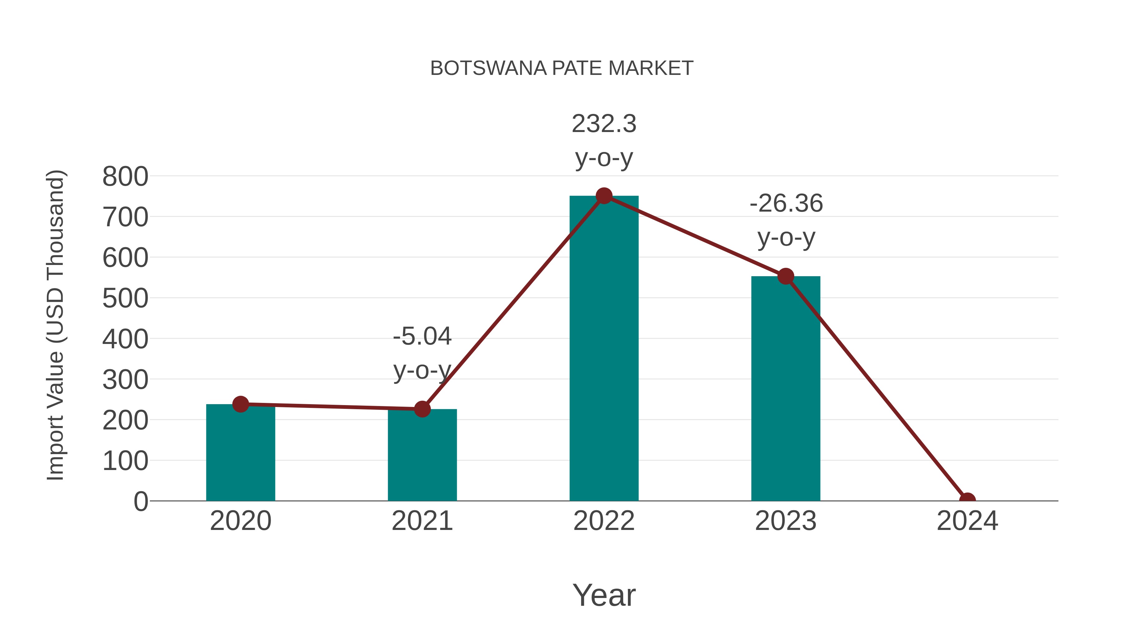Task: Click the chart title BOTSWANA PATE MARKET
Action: pos(562,68)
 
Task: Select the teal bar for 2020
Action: pos(240,453)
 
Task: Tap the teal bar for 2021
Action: pos(422,456)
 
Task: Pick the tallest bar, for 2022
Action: pos(604,349)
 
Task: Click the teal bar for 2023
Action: pos(786,388)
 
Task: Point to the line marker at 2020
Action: pos(240,404)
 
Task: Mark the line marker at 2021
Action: pos(422,409)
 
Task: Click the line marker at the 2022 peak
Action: pos(604,196)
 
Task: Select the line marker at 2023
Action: pos(786,276)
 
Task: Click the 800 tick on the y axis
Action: pos(125,177)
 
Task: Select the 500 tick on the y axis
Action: pos(125,298)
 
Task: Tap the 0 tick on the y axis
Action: pos(140,501)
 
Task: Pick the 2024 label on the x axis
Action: pos(967,521)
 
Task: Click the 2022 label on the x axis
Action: pos(604,521)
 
